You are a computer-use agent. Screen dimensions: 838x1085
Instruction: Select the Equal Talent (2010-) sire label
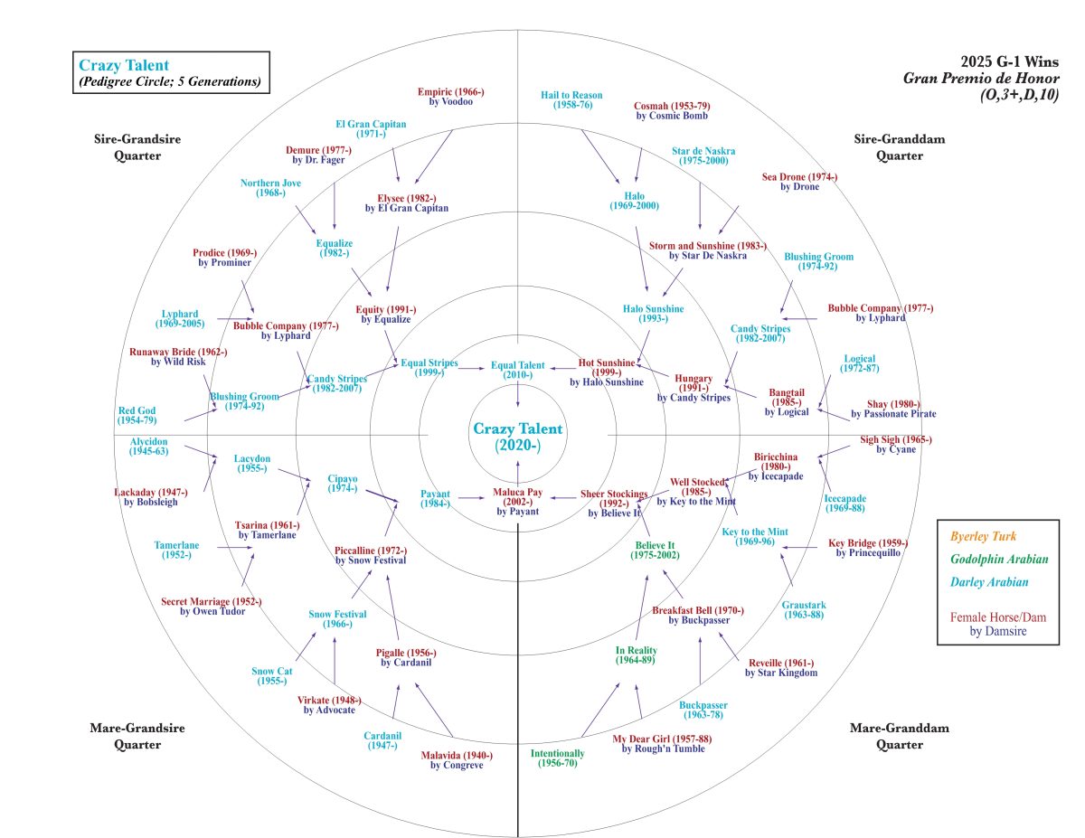(x=518, y=370)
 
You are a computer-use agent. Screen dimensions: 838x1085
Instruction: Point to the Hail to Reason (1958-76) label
(x=571, y=99)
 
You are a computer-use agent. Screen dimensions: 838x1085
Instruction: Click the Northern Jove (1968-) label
(x=270, y=188)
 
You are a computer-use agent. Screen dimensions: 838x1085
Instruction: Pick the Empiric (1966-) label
(x=451, y=96)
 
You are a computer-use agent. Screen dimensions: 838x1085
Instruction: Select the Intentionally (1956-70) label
(x=557, y=758)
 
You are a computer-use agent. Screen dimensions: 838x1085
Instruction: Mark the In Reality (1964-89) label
(x=637, y=655)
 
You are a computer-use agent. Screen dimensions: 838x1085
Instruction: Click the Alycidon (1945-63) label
(x=148, y=446)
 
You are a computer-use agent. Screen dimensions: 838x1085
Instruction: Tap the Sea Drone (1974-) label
(x=799, y=182)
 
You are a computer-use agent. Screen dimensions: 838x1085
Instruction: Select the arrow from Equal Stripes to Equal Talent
(x=471, y=367)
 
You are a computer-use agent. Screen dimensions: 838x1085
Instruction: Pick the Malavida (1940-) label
(x=457, y=760)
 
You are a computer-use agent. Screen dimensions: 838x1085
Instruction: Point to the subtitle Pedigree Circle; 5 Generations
(x=170, y=81)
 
